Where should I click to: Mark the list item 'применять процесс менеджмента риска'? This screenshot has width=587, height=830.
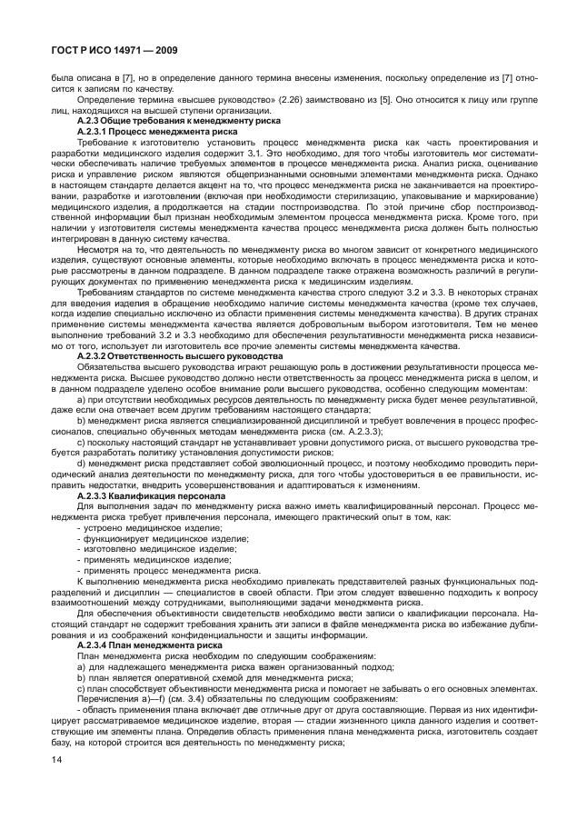[x=148, y=571]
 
